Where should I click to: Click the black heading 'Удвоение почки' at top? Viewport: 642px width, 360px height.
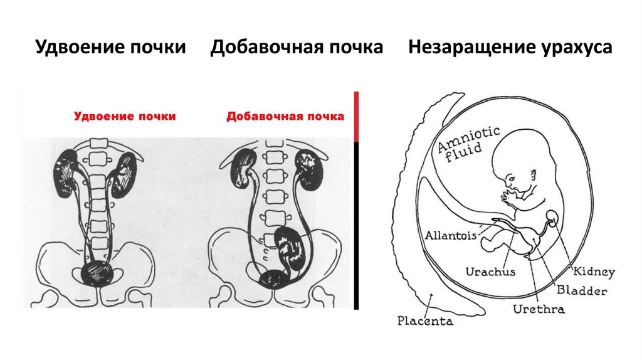click(110, 48)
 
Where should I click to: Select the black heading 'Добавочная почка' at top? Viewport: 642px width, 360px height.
click(297, 48)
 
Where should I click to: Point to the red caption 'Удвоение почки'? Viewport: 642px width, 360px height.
click(125, 116)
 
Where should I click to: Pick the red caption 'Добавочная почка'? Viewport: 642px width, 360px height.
click(285, 116)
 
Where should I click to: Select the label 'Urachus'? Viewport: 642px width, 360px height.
click(490, 272)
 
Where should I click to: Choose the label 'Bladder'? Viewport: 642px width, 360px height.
click(582, 291)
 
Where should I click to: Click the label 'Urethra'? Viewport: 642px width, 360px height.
click(539, 309)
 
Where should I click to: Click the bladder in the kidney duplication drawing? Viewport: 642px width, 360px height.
click(97, 273)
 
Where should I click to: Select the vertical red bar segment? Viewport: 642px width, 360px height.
click(356, 116)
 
